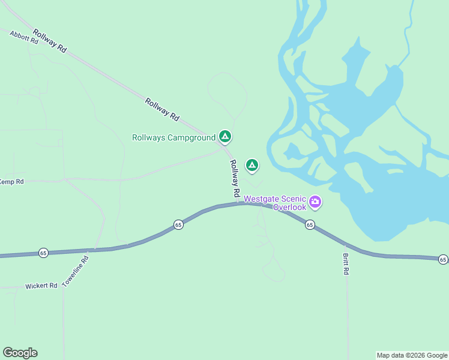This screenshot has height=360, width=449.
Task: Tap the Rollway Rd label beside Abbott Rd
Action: click(50, 41)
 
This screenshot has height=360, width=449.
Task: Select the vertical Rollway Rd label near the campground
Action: click(235, 179)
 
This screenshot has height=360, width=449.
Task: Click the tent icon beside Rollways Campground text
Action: click(224, 137)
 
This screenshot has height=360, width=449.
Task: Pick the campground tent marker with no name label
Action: click(252, 164)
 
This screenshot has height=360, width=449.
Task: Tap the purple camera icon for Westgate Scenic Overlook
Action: click(315, 203)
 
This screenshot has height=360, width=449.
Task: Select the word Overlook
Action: click(289, 208)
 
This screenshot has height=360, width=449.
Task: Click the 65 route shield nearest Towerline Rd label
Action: click(43, 253)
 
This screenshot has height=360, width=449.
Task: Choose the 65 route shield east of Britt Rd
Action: click(442, 259)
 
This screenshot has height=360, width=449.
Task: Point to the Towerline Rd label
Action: click(75, 270)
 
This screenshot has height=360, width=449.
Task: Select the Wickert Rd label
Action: click(41, 286)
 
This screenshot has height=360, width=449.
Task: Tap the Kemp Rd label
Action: click(11, 182)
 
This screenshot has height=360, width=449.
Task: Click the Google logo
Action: click(20, 353)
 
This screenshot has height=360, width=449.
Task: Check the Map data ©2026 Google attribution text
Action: click(412, 355)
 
